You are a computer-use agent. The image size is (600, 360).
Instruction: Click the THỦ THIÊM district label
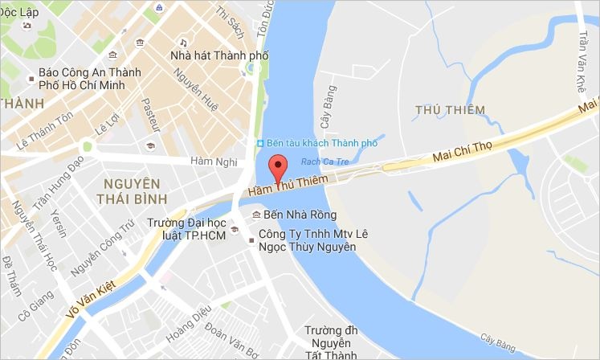(450, 109)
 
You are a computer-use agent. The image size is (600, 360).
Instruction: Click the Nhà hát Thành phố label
(219, 55)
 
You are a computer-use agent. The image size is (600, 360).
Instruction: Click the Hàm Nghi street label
(214, 162)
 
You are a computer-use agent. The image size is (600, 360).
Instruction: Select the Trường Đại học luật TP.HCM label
(185, 231)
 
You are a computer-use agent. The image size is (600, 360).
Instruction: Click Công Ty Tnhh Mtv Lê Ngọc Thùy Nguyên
(305, 241)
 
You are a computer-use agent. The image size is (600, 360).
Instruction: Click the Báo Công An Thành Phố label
(84, 79)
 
